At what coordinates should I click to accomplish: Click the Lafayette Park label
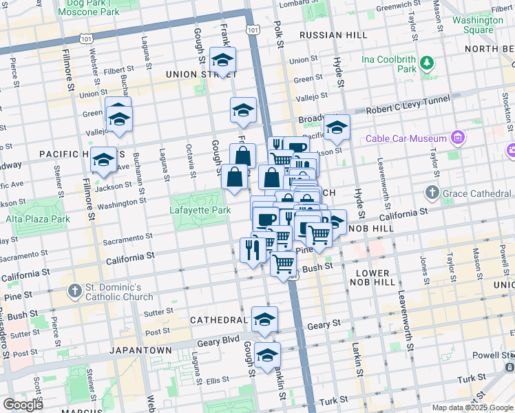[200, 209]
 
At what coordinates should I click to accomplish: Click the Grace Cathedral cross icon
[432, 192]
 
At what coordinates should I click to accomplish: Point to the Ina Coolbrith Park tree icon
[427, 64]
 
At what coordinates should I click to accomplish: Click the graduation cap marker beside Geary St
[264, 319]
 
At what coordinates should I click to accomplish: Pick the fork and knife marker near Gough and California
[253, 250]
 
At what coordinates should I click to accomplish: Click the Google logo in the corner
[23, 405]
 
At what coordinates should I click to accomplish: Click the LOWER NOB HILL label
[377, 277]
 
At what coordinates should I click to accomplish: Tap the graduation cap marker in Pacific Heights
[103, 161]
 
